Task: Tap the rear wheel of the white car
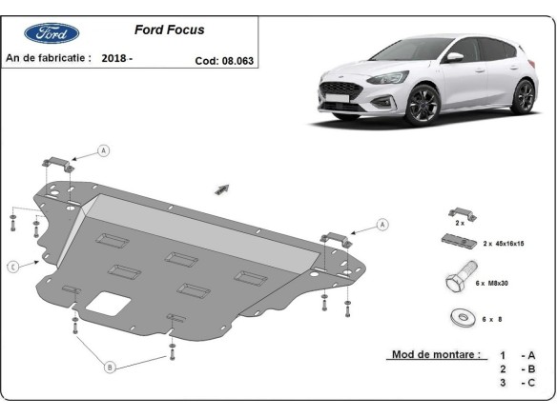point(523,97)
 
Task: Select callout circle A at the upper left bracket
point(104,150)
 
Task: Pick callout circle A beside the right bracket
point(382,225)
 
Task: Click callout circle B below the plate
point(110,366)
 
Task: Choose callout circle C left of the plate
point(13,267)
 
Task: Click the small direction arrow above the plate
point(223,188)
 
